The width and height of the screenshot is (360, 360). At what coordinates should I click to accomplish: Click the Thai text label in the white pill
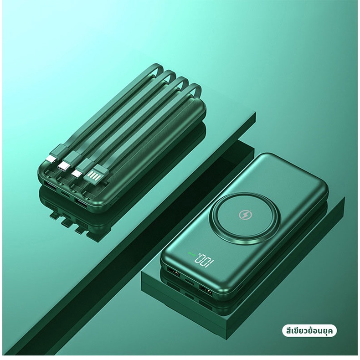click(x=309, y=331)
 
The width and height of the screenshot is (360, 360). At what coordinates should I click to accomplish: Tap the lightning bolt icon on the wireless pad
click(x=246, y=215)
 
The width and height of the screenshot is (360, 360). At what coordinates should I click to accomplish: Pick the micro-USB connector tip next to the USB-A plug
click(x=77, y=173)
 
